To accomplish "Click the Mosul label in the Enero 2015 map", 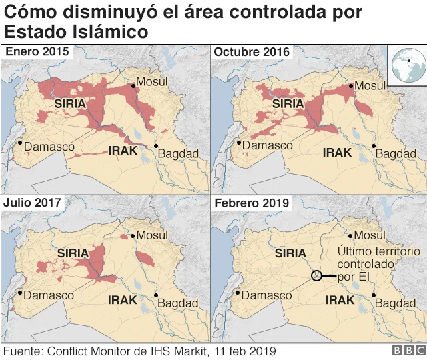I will pos(152,81).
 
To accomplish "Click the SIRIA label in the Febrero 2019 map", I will pos(290,253).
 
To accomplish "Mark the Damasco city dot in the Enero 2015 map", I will pos(20,142).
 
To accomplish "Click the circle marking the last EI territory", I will pos(317,275).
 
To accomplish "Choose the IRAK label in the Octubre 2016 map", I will pos(337,152).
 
